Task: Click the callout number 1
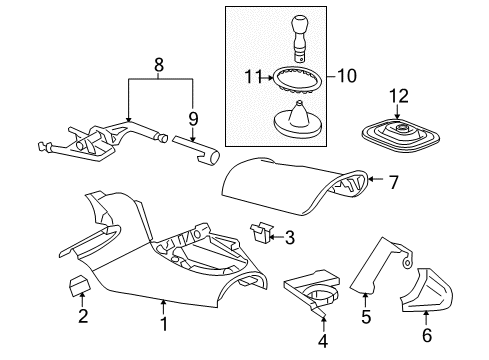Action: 163,325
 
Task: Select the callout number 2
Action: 83,318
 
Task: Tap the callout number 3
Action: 289,266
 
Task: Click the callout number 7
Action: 393,181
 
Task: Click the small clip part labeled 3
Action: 261,261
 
